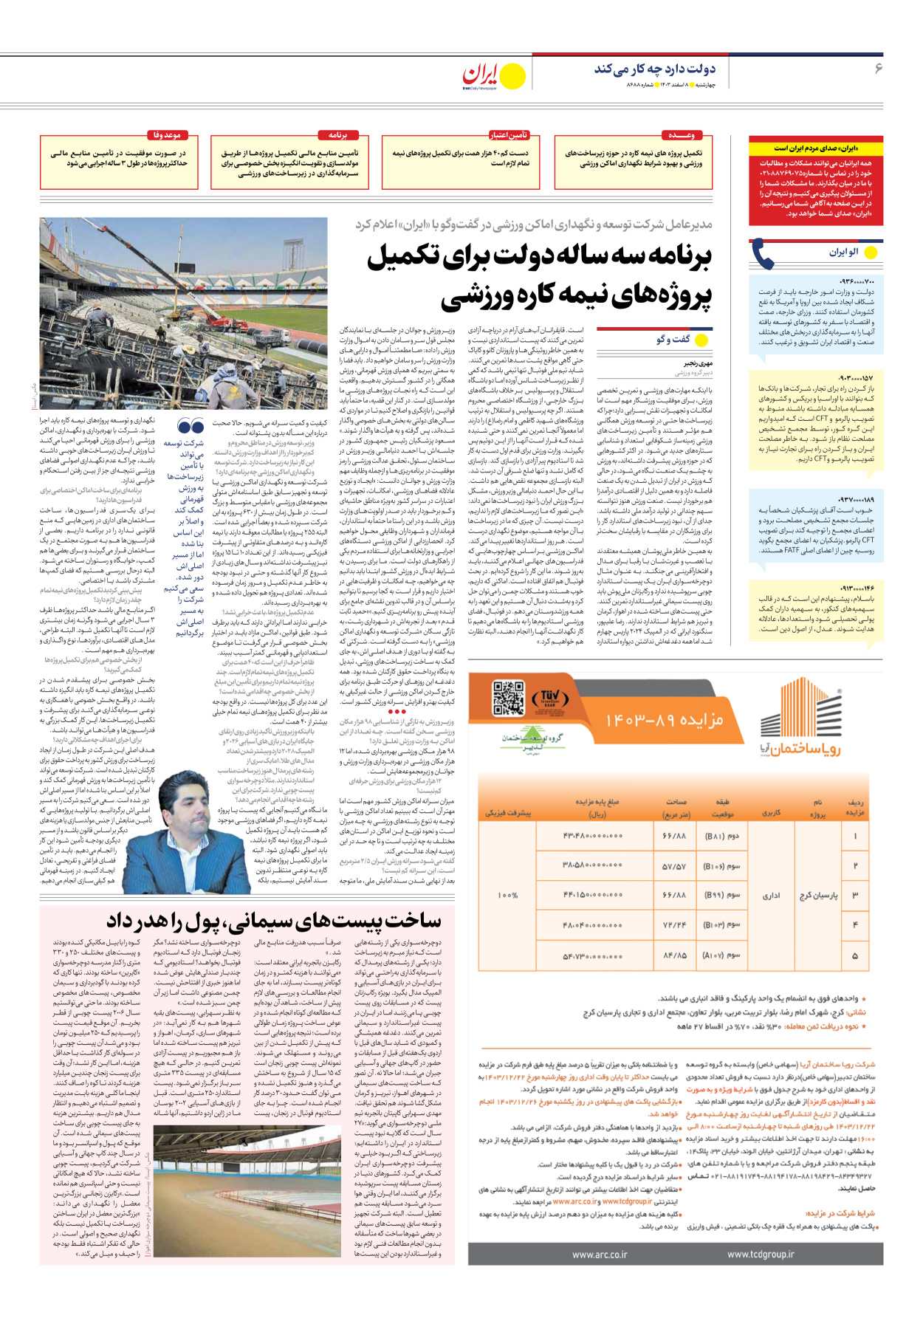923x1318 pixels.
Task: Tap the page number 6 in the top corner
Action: (878, 69)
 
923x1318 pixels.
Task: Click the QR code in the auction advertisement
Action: (508, 698)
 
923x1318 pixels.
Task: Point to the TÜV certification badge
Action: (550, 699)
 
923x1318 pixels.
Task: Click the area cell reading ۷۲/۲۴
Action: (674, 924)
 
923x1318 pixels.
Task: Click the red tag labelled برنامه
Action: (337, 135)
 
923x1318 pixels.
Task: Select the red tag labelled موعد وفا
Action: (167, 135)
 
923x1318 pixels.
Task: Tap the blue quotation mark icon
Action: (191, 426)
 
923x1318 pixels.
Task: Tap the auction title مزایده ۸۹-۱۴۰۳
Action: (665, 720)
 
